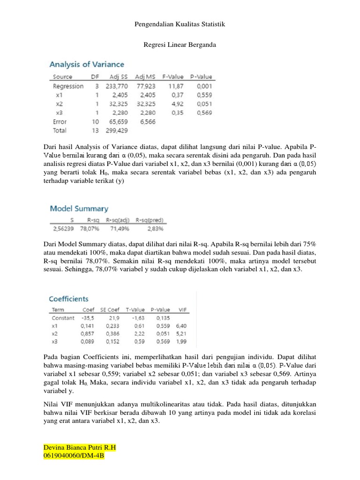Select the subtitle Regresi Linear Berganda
[180, 45]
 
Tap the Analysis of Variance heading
[87, 64]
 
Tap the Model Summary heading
[79, 209]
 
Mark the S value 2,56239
[62, 228]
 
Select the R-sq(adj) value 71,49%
[118, 228]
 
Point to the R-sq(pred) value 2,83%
[153, 228]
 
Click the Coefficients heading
[69, 299]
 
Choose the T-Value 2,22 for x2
[136, 333]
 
